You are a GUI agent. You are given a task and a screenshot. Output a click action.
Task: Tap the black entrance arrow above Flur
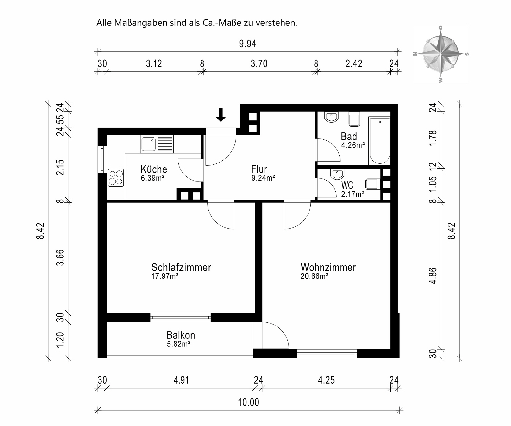pyautogui.click(x=221, y=115)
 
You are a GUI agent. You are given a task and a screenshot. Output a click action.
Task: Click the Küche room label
pyautogui.click(x=154, y=169)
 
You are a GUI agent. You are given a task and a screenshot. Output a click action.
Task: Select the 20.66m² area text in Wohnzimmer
pyautogui.click(x=314, y=276)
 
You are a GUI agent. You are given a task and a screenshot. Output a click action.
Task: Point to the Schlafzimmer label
pyautogui.click(x=181, y=267)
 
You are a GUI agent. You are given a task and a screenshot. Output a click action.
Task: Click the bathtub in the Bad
pyautogui.click(x=380, y=140)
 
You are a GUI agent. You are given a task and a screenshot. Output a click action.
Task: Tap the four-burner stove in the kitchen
pyautogui.click(x=116, y=178)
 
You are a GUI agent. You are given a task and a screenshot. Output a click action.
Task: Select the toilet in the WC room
pyautogui.click(x=372, y=184)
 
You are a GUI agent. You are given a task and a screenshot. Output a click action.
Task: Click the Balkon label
pyautogui.click(x=181, y=335)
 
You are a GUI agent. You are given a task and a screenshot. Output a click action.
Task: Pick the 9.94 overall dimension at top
pyautogui.click(x=247, y=44)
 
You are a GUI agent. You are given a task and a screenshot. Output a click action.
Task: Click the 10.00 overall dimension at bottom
pyautogui.click(x=248, y=402)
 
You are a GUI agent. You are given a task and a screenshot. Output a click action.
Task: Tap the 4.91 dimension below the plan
pyautogui.click(x=181, y=380)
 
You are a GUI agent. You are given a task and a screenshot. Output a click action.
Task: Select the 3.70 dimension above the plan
pyautogui.click(x=259, y=64)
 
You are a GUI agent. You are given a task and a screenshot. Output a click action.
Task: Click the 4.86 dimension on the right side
pyautogui.click(x=434, y=276)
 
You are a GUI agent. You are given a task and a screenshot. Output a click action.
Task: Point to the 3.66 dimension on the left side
pyautogui.click(x=61, y=257)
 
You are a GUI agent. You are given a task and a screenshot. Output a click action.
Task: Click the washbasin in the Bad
pyautogui.click(x=332, y=117)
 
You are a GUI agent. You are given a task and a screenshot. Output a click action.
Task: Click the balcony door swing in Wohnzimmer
pyautogui.click(x=275, y=335)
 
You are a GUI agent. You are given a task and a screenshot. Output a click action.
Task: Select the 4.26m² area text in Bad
pyautogui.click(x=353, y=145)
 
